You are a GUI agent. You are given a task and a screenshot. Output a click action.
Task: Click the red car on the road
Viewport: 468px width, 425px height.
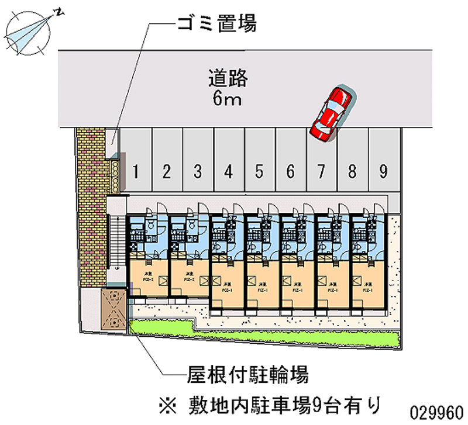[331, 113]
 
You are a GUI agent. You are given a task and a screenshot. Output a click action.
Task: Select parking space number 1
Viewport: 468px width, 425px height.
[136, 172]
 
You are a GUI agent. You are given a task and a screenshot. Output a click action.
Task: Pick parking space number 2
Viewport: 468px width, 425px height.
[167, 172]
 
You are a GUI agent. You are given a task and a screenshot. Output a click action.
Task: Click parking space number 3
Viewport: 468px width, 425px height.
[198, 172]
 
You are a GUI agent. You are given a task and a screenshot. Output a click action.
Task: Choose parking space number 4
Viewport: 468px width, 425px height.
[229, 172]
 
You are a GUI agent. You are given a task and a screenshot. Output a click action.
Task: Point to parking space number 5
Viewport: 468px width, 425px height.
[259, 172]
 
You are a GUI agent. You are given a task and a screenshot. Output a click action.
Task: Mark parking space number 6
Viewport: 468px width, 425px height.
[290, 172]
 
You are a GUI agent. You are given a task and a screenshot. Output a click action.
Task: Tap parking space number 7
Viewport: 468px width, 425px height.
[321, 172]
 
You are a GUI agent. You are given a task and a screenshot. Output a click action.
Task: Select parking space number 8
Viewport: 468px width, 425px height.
[352, 172]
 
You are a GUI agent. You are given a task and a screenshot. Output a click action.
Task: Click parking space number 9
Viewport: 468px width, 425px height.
[383, 172]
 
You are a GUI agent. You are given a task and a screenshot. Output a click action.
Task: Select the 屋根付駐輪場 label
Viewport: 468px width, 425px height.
[248, 374]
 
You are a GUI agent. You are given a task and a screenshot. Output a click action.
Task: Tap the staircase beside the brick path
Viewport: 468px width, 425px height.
[118, 240]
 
